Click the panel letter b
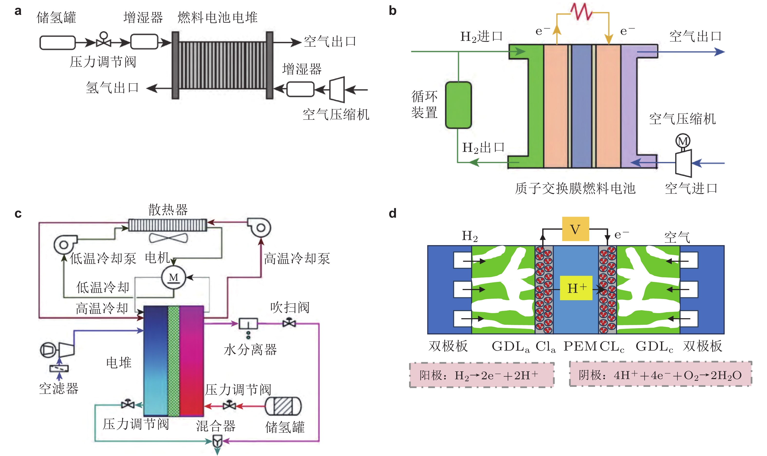(x=393, y=11)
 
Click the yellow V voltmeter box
(x=575, y=229)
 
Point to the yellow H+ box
(x=576, y=288)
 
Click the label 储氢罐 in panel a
(x=56, y=18)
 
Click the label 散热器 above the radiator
(x=168, y=210)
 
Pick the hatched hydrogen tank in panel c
(x=283, y=406)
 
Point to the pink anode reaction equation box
(x=482, y=375)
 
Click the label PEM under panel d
(x=580, y=346)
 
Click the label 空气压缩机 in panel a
(x=336, y=115)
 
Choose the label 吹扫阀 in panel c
(x=290, y=307)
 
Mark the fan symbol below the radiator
(x=168, y=238)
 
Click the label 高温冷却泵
(x=297, y=258)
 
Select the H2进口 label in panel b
(x=481, y=37)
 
